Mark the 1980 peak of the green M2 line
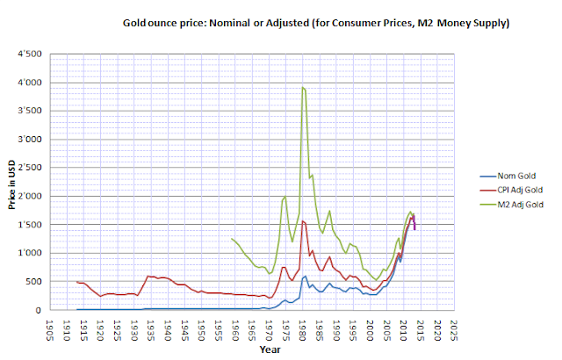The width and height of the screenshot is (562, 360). tap(302, 87)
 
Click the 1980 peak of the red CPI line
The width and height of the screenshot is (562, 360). tap(303, 220)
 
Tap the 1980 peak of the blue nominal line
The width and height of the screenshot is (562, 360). tap(304, 276)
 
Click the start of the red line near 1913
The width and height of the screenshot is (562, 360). tap(77, 282)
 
